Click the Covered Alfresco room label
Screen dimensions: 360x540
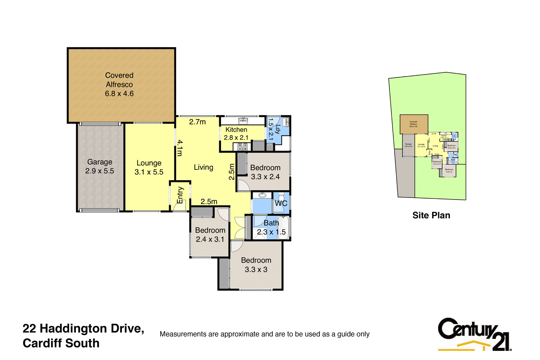(x=119, y=84)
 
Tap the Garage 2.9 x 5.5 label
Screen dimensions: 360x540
(x=100, y=166)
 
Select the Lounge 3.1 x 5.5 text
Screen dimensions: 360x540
(x=149, y=168)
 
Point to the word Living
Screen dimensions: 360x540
(x=204, y=167)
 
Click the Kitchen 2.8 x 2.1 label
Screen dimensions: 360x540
(x=236, y=134)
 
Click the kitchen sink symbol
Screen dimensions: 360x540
(x=243, y=121)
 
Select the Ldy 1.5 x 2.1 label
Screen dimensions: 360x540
(x=274, y=129)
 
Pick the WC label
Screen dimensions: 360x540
(x=281, y=203)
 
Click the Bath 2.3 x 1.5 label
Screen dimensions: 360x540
(x=271, y=228)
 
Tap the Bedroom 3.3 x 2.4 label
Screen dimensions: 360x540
(x=265, y=172)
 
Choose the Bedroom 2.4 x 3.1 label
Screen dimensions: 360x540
(x=210, y=235)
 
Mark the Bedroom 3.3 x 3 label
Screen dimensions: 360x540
(x=256, y=265)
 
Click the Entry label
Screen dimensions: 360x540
(x=180, y=196)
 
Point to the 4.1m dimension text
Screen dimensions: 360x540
(x=180, y=148)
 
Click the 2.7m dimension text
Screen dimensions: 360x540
(x=197, y=122)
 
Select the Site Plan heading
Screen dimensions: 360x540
(x=431, y=215)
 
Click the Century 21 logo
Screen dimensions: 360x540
(x=474, y=334)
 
